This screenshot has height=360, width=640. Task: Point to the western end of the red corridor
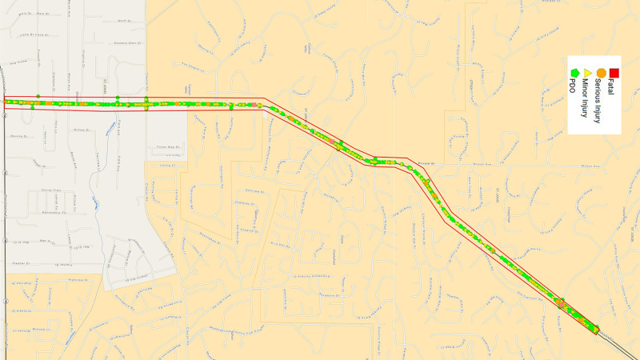point(5,102)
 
